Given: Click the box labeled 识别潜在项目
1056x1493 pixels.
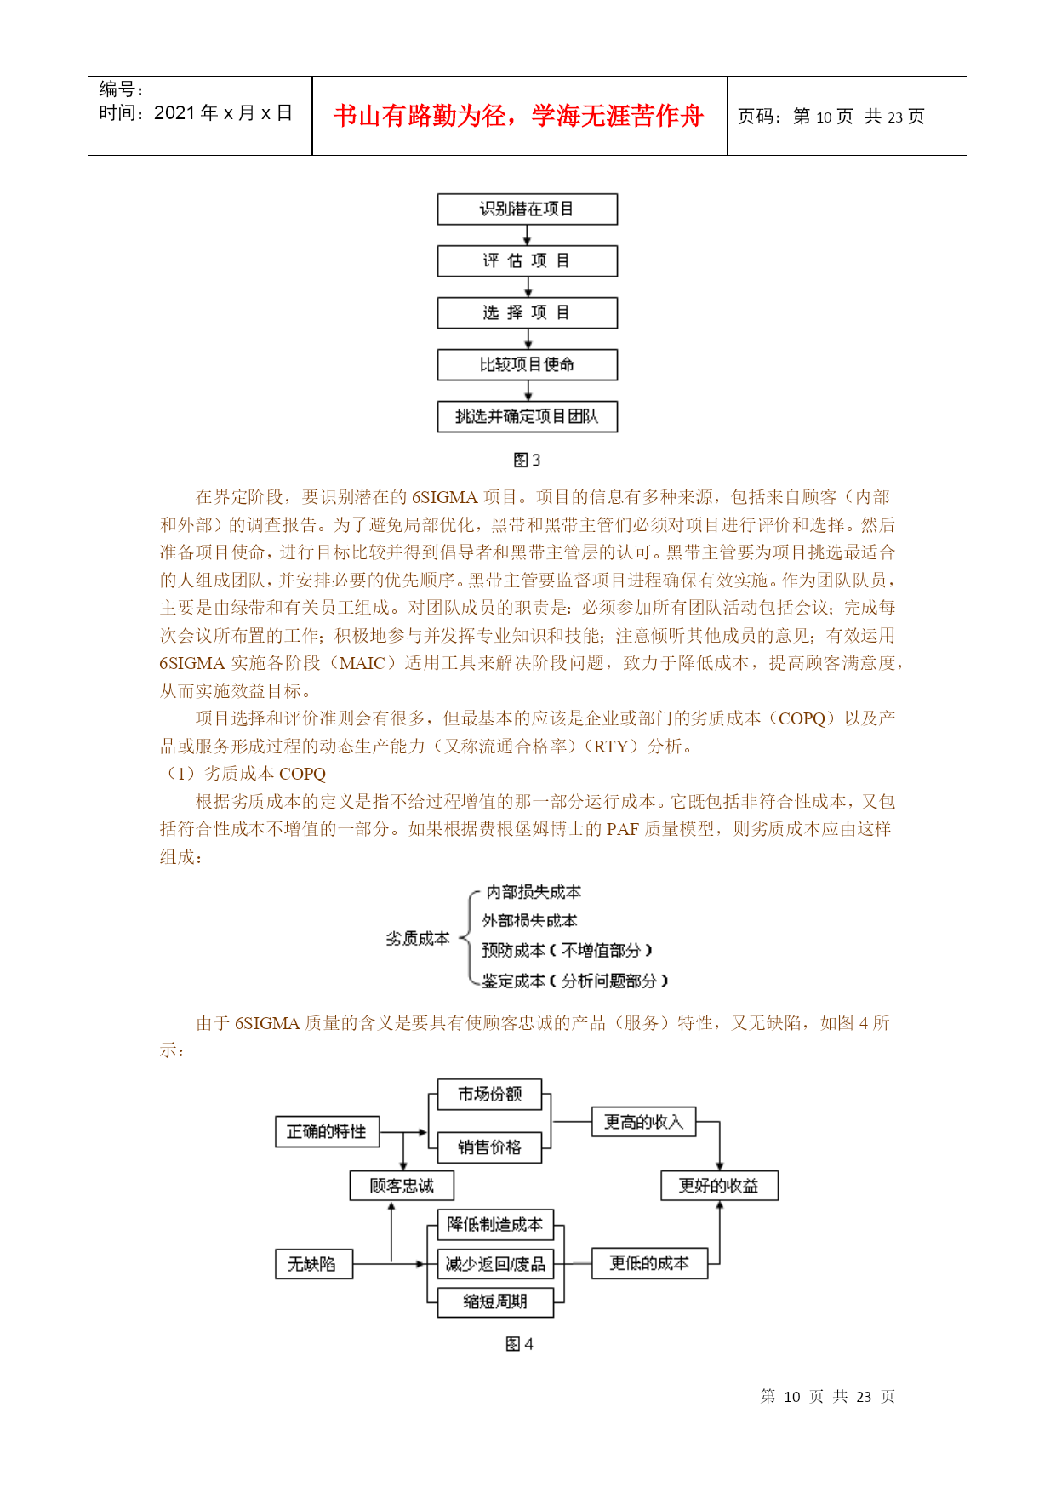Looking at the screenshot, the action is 527,209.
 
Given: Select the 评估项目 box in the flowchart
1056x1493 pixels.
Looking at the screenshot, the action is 527,261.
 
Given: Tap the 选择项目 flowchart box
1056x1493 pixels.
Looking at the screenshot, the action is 527,312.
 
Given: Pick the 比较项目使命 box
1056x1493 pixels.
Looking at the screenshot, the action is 527,364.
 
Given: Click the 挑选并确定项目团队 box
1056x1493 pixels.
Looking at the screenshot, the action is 527,416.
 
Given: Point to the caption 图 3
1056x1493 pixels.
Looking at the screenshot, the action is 527,460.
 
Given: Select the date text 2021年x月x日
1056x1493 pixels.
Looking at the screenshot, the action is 223,113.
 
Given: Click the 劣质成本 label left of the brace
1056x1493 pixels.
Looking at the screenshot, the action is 417,939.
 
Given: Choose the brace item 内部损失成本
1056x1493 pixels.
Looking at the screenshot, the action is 534,892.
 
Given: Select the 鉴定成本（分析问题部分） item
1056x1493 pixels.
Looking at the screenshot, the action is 575,981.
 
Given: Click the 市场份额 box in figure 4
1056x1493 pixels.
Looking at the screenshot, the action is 489,1095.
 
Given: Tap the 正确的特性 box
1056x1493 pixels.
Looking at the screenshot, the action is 328,1132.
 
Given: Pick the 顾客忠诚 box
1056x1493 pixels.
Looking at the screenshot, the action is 402,1186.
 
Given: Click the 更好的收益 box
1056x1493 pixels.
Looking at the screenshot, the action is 719,1186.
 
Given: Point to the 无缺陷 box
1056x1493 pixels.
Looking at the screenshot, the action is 313,1264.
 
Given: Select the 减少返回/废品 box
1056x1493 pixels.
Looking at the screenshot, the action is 495,1264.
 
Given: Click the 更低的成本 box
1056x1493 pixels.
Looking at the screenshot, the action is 649,1263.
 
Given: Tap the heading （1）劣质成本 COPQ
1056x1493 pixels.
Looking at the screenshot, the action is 243,774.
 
